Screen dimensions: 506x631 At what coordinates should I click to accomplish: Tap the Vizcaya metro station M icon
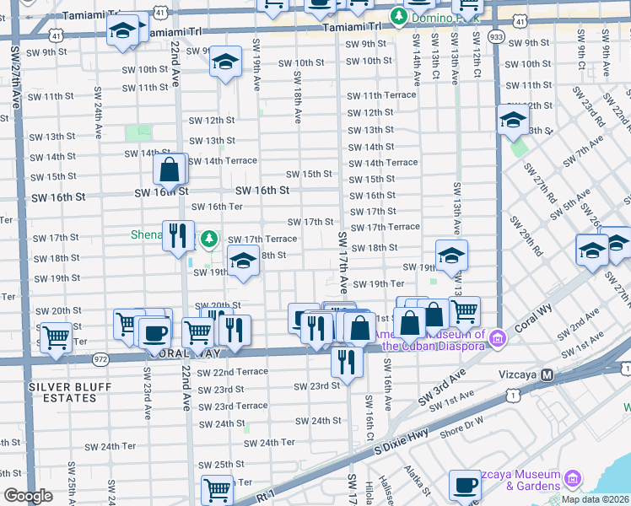pyautogui.click(x=547, y=374)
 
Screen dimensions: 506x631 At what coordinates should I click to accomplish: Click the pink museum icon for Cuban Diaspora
pyautogui.click(x=498, y=338)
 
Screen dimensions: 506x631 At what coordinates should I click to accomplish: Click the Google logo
pyautogui.click(x=27, y=496)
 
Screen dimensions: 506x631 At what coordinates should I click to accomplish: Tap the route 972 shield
pyautogui.click(x=101, y=359)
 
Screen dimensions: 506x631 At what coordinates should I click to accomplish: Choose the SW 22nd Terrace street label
pyautogui.click(x=232, y=372)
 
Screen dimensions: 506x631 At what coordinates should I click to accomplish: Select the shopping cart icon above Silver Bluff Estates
pyautogui.click(x=56, y=337)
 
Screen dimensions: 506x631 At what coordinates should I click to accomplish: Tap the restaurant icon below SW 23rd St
pyautogui.click(x=347, y=360)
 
